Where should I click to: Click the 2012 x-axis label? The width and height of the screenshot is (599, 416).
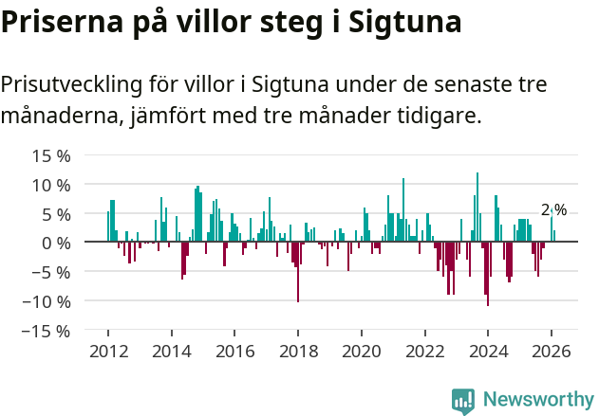(x=108, y=350)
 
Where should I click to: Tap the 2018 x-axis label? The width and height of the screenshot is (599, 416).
(x=298, y=350)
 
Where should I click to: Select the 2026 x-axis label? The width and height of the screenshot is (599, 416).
(x=551, y=350)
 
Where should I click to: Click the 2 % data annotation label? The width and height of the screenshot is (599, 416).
(x=553, y=210)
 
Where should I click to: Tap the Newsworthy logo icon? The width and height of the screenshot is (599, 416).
(x=463, y=401)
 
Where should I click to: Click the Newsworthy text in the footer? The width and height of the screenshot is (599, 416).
(x=537, y=400)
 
